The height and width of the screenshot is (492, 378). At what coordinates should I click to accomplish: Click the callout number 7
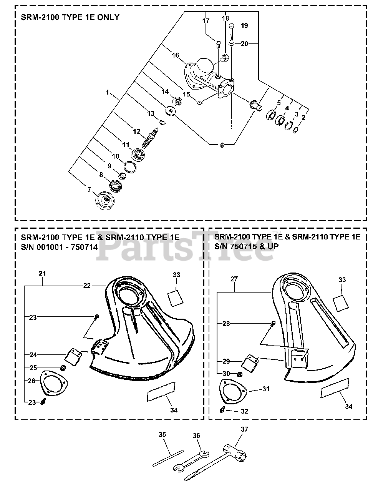click(x=89, y=189)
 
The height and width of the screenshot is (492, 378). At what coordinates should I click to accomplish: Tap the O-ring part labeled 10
click(x=130, y=166)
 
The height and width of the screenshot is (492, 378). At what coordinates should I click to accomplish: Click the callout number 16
click(x=175, y=55)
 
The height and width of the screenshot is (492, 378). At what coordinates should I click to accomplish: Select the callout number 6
click(x=221, y=145)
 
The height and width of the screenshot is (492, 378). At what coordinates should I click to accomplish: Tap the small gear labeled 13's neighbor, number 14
click(x=178, y=101)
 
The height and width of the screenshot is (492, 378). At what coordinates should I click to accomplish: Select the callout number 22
click(x=87, y=285)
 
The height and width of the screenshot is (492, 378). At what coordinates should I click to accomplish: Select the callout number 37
click(x=244, y=429)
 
